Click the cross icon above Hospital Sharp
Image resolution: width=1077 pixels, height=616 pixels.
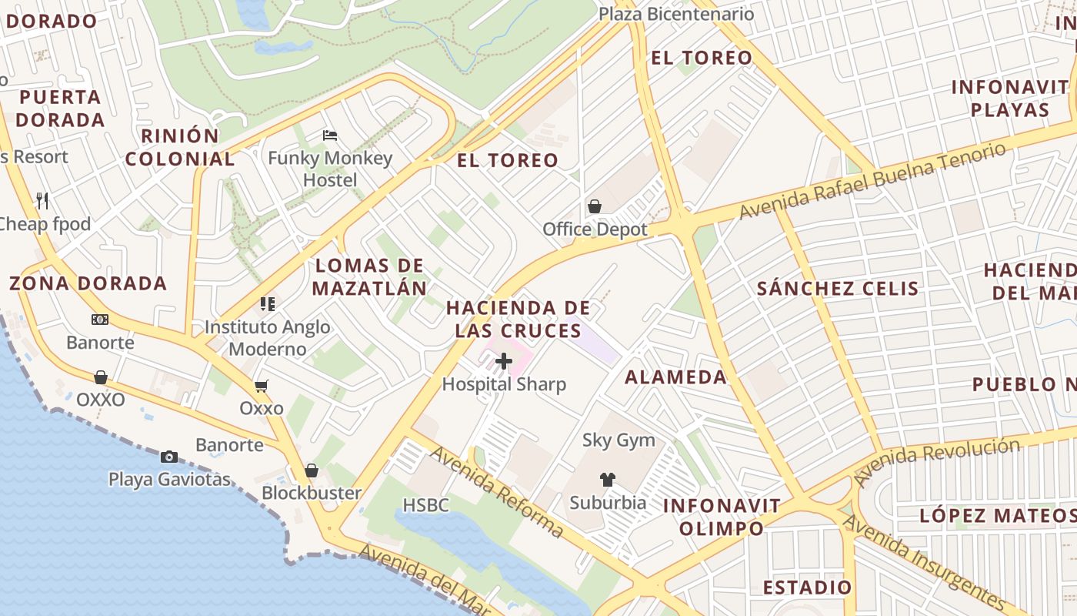click(504, 360)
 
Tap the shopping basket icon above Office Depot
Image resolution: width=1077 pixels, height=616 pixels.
click(595, 206)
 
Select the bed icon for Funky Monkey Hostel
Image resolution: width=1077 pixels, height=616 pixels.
click(330, 136)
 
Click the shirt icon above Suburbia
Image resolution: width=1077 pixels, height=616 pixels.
click(608, 480)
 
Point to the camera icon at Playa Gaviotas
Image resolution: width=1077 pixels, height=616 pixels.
click(169, 457)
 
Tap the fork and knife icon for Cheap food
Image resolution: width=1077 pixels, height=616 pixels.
click(42, 201)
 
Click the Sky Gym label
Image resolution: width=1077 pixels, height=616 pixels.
click(619, 440)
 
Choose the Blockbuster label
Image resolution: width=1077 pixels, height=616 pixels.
click(312, 493)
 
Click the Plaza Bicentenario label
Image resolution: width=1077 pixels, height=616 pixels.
click(676, 14)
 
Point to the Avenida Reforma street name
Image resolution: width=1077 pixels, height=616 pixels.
click(496, 491)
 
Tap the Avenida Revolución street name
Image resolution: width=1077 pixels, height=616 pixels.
click(939, 462)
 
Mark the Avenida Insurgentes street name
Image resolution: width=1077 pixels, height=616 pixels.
click(923, 561)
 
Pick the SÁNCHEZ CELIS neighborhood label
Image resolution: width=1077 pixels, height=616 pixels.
click(838, 289)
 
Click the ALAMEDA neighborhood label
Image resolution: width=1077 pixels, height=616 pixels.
click(675, 377)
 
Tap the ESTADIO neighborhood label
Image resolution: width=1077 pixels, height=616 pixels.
click(807, 588)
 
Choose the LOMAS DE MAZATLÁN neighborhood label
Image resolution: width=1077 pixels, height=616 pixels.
click(371, 277)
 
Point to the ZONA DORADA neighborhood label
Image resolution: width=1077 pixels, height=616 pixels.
click(88, 283)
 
